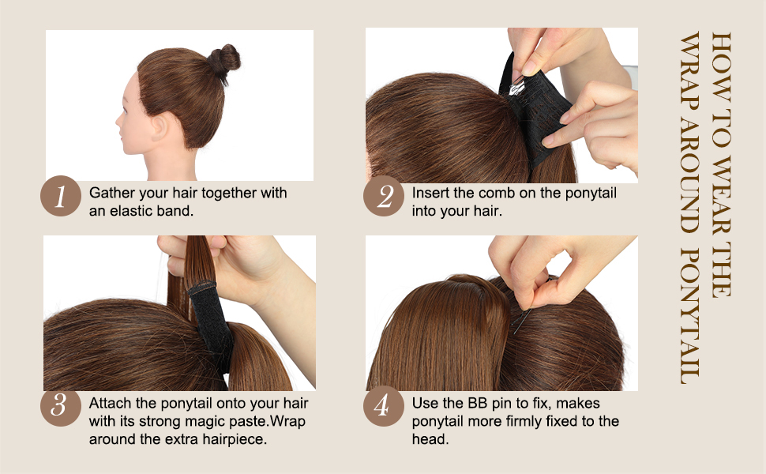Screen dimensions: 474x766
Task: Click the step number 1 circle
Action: coord(60,197)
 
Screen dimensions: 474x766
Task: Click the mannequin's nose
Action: coord(120,121)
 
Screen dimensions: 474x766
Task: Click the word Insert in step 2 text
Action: coord(430,193)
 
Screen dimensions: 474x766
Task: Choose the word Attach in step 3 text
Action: coord(110,402)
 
